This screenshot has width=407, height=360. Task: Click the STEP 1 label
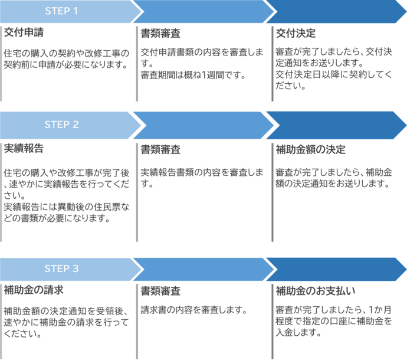61,11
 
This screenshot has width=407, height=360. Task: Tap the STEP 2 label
61,125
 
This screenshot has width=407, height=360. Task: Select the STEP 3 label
61,269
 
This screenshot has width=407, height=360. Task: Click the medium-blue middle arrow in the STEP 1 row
203,12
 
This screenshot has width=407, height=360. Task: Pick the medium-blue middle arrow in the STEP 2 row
203,125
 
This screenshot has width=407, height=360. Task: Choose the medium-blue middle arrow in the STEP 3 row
203,269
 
